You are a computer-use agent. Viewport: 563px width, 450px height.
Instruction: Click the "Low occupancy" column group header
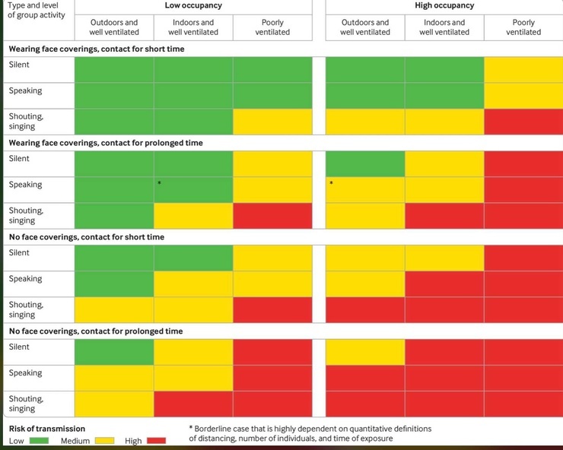click(x=193, y=6)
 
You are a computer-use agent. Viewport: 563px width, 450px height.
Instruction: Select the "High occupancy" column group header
click(x=444, y=6)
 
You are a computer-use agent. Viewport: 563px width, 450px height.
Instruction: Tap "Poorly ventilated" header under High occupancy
click(x=523, y=27)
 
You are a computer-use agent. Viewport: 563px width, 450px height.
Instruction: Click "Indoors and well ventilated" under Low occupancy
click(x=193, y=27)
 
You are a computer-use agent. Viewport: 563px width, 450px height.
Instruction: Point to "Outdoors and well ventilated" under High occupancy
click(x=365, y=27)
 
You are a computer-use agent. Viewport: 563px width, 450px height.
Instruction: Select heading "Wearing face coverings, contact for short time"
click(x=97, y=49)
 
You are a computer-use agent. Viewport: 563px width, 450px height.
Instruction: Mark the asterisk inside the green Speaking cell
click(x=159, y=183)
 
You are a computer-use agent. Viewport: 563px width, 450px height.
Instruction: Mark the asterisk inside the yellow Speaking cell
click(x=332, y=183)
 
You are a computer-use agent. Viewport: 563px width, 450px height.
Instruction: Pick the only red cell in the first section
click(x=523, y=122)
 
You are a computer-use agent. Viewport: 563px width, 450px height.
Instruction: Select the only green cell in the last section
click(x=114, y=352)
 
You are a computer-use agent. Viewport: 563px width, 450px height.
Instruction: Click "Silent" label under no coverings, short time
click(x=19, y=253)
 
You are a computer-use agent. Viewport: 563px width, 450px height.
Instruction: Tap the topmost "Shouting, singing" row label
click(x=26, y=122)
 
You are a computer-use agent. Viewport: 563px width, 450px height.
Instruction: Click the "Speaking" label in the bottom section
click(x=25, y=373)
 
